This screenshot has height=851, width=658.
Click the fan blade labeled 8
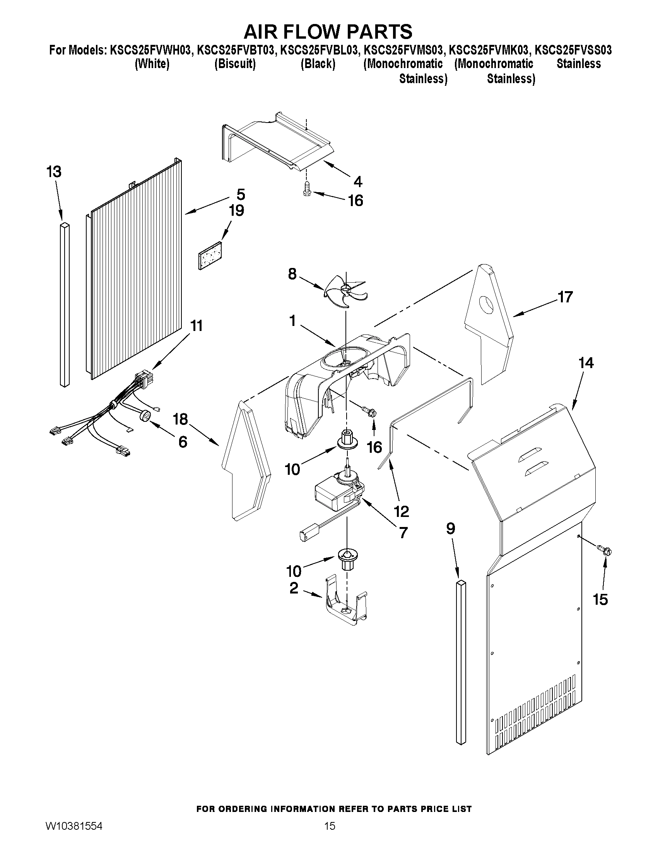(x=345, y=291)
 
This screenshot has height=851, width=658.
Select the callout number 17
(x=565, y=297)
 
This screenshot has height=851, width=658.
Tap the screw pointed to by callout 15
(x=605, y=550)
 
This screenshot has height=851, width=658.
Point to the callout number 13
(x=54, y=172)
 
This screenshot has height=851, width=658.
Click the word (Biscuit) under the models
(x=235, y=64)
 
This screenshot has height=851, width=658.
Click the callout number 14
(x=586, y=363)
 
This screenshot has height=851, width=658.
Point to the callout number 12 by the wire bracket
(x=402, y=511)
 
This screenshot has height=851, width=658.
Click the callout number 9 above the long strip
(x=450, y=529)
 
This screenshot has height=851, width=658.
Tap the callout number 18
(x=181, y=420)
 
